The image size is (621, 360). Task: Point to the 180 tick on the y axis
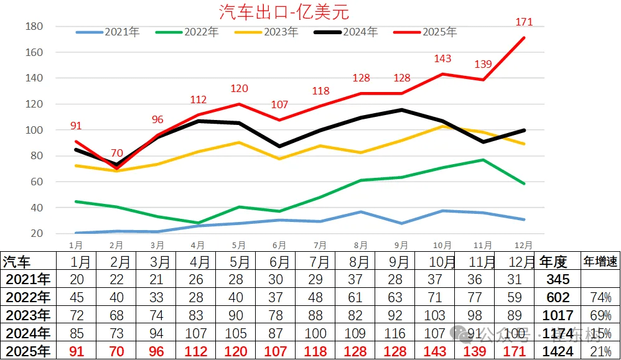(x=35, y=27)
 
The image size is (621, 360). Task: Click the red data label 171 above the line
(x=525, y=22)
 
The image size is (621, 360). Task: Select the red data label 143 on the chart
(x=442, y=58)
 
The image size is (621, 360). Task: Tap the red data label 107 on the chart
(x=280, y=105)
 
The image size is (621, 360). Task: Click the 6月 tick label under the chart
(x=279, y=246)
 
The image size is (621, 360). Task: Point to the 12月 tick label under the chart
(x=524, y=246)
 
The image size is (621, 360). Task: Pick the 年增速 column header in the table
(x=600, y=262)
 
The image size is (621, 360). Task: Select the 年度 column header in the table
(x=553, y=262)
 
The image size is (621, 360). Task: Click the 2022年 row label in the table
(x=26, y=297)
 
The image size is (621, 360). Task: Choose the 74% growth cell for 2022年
(x=600, y=298)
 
